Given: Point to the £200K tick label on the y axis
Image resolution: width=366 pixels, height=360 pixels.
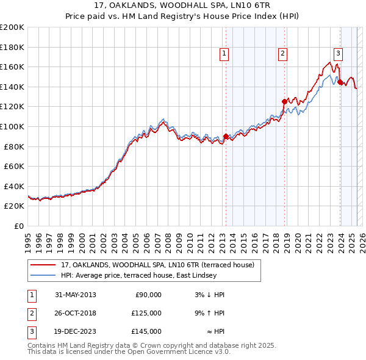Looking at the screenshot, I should coord(12,27).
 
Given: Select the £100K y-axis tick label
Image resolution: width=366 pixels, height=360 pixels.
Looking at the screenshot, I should coord(12,126).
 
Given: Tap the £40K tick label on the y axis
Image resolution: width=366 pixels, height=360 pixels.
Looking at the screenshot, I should coord(14,186).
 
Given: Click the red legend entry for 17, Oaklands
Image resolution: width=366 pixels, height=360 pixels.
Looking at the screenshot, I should coord(161,265).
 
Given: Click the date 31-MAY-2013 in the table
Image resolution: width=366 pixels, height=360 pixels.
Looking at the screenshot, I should coord(75,295).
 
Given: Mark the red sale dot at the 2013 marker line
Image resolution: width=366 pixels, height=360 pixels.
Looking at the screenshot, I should coord(226,137).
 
